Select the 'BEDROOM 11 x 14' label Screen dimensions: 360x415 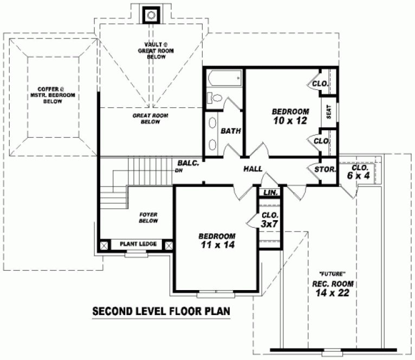[x=217, y=240]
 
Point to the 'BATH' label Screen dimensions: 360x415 [x=231, y=131]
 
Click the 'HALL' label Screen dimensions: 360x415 [x=253, y=169]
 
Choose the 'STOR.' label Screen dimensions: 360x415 [x=325, y=170]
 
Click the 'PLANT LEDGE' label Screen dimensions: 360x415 [x=138, y=244]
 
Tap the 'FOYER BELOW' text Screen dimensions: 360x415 [x=148, y=217]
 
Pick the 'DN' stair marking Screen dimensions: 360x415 [x=178, y=171]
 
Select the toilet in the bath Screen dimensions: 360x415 [x=215, y=99]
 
